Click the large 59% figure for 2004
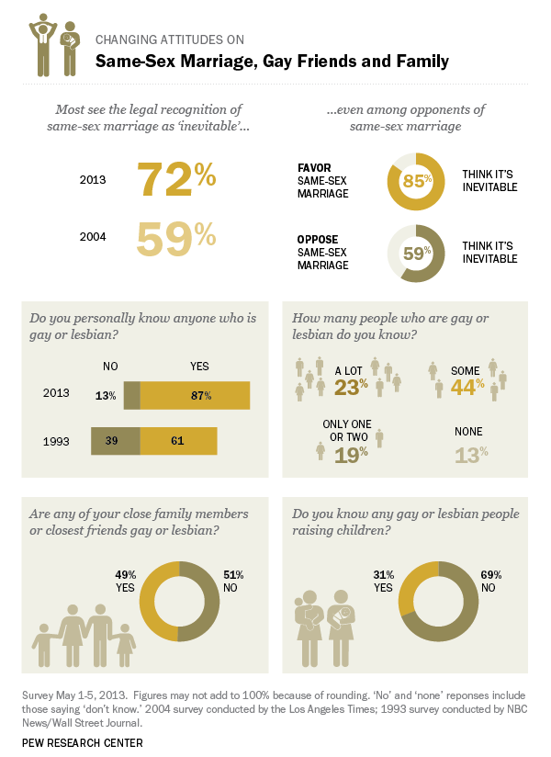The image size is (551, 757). (x=176, y=237)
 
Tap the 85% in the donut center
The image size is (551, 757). (x=417, y=180)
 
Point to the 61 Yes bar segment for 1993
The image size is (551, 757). (x=178, y=441)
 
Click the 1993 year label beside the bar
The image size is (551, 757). (x=57, y=441)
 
